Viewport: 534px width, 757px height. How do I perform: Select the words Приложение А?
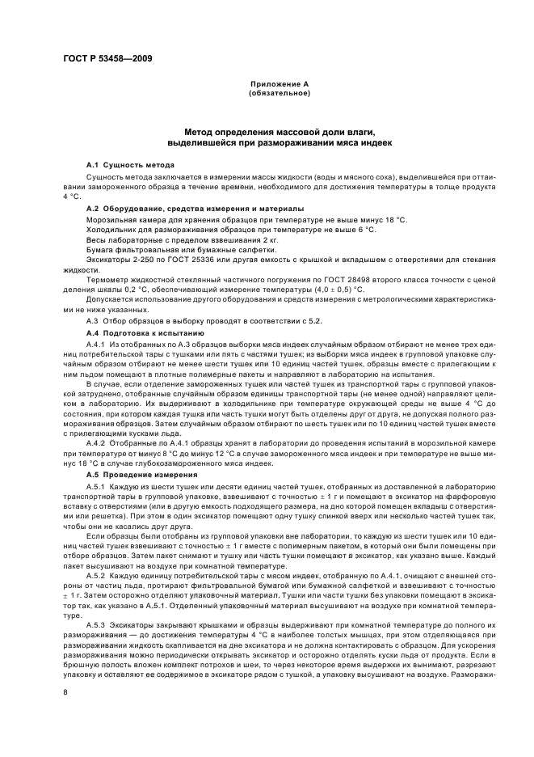[x=279, y=84]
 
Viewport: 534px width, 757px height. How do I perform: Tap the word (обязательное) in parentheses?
[x=279, y=93]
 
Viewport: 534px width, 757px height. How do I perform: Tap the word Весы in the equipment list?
[x=95, y=240]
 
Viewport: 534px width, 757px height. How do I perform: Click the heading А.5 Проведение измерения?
[x=135, y=475]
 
